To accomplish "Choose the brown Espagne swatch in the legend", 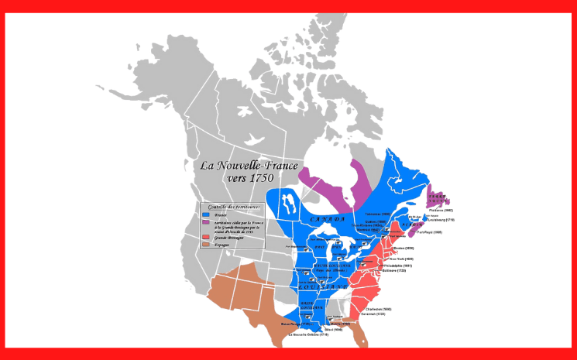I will click(x=205, y=244).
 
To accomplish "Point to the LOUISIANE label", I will click(x=324, y=286).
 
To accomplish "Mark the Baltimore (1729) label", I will click(x=393, y=271).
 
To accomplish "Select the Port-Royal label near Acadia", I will click(x=428, y=231).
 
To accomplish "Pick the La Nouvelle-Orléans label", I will click(x=309, y=334).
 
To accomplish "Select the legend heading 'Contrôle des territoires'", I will click(x=225, y=206).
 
